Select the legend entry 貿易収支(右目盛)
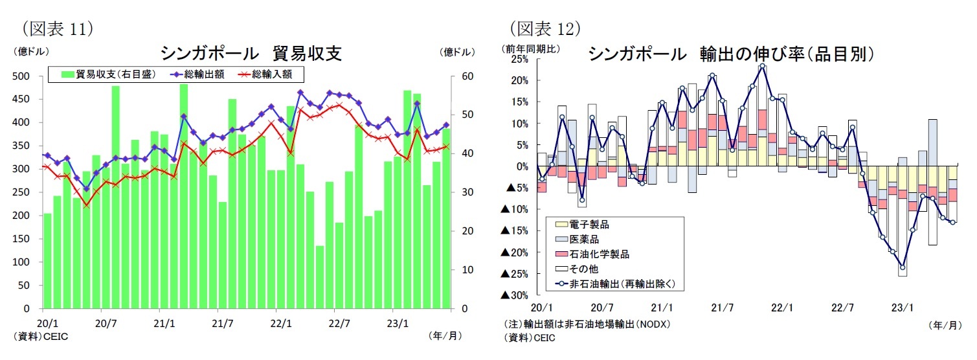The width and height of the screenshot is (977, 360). click(x=109, y=74)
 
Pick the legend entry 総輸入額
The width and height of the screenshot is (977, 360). click(x=272, y=74)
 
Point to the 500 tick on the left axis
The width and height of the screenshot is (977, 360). click(x=23, y=76)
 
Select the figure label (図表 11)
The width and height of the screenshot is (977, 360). click(x=58, y=28)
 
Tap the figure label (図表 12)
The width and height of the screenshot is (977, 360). click(x=544, y=28)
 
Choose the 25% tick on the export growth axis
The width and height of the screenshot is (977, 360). click(x=519, y=60)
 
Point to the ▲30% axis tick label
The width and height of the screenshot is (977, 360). click(x=515, y=295)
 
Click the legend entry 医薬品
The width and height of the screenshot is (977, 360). click(x=584, y=240)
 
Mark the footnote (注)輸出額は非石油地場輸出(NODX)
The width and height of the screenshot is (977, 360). click(x=587, y=324)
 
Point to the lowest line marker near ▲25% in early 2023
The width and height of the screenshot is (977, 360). click(x=902, y=267)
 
